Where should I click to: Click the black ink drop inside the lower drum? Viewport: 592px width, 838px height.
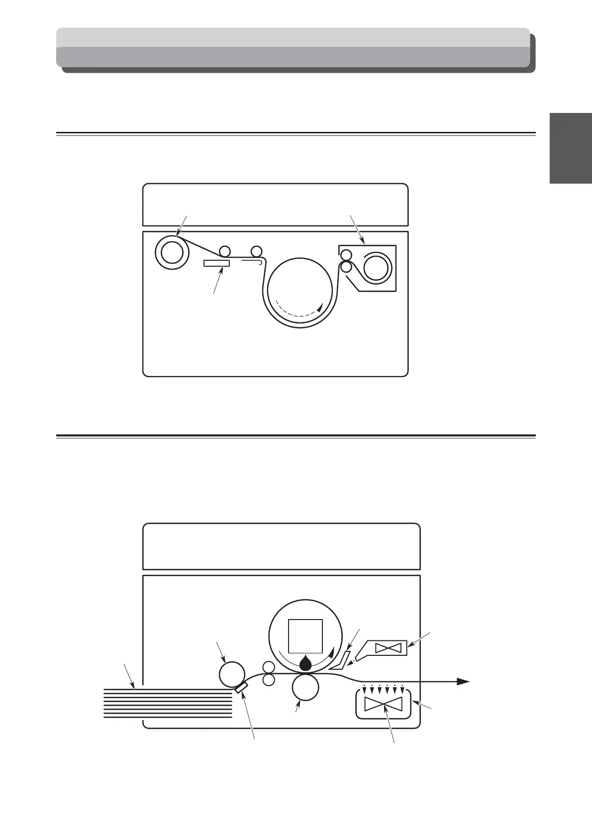(x=305, y=662)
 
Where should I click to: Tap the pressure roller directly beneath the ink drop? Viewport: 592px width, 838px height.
(x=305, y=687)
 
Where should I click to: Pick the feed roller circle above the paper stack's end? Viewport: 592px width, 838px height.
(x=232, y=674)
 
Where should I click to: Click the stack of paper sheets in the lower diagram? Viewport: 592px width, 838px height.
(x=168, y=703)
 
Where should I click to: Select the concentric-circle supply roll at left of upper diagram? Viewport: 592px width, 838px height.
(x=172, y=253)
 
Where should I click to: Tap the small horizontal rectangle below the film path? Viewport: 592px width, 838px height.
(x=216, y=263)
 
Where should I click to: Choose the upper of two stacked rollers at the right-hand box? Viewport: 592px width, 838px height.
(x=346, y=256)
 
